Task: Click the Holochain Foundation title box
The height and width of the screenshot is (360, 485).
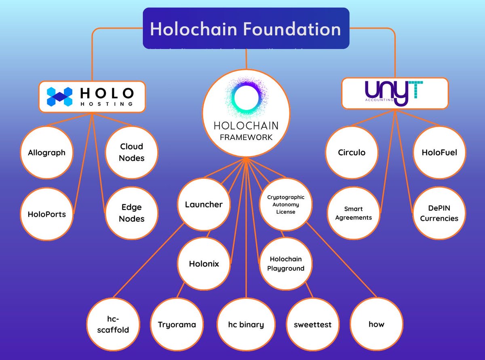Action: [x=246, y=29]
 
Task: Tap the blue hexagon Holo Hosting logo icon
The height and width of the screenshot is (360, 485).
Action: [x=59, y=97]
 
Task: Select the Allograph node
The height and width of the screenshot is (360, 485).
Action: [x=46, y=153]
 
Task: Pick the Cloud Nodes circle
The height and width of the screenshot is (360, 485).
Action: [x=131, y=152]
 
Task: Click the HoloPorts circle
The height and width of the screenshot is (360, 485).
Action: [x=46, y=214]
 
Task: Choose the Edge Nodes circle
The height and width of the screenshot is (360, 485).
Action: [x=131, y=213]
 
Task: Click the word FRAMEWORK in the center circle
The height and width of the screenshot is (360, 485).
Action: [x=246, y=137]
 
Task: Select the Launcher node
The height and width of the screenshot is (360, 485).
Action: [x=204, y=205]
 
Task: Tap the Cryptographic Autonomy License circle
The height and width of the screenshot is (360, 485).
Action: [x=286, y=205]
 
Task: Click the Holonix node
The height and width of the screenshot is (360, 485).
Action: [x=204, y=264]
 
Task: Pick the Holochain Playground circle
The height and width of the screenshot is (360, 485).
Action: [x=286, y=264]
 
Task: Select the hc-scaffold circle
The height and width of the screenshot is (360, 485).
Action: [x=113, y=324]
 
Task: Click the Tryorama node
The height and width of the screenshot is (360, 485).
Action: [x=177, y=324]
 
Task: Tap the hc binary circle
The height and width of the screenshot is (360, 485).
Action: [x=246, y=324]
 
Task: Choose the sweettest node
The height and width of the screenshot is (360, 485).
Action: [x=312, y=324]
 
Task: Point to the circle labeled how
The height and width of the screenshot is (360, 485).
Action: [x=376, y=324]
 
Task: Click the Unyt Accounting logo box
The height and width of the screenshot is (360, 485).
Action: [x=395, y=94]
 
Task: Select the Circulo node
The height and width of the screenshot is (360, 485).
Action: [x=352, y=153]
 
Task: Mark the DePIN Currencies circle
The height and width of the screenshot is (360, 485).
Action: [x=439, y=213]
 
